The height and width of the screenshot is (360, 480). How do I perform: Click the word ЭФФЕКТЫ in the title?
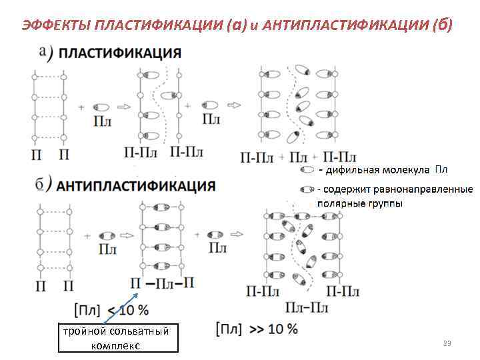[56, 25]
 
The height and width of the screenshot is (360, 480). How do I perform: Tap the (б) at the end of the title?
[441, 25]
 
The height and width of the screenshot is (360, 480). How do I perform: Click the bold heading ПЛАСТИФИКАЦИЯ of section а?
[121, 54]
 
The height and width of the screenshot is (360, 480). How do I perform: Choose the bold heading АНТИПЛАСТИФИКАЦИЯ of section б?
[137, 185]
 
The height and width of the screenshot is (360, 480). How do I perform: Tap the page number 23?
[447, 343]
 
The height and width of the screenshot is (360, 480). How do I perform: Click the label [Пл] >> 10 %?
[257, 329]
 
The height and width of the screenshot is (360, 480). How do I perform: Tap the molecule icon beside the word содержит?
[307, 189]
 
